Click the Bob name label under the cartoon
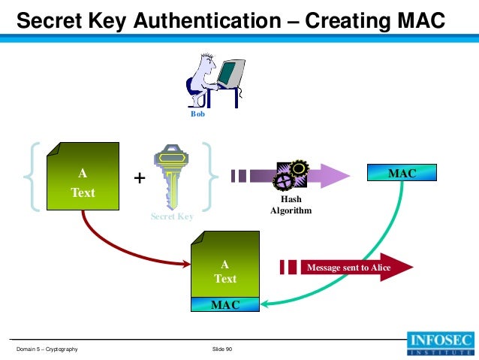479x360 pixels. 197,115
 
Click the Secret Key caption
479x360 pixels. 172,216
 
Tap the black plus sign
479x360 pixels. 139,179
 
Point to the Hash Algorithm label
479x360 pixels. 290,205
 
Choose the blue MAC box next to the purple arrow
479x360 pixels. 402,174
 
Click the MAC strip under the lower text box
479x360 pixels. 225,304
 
